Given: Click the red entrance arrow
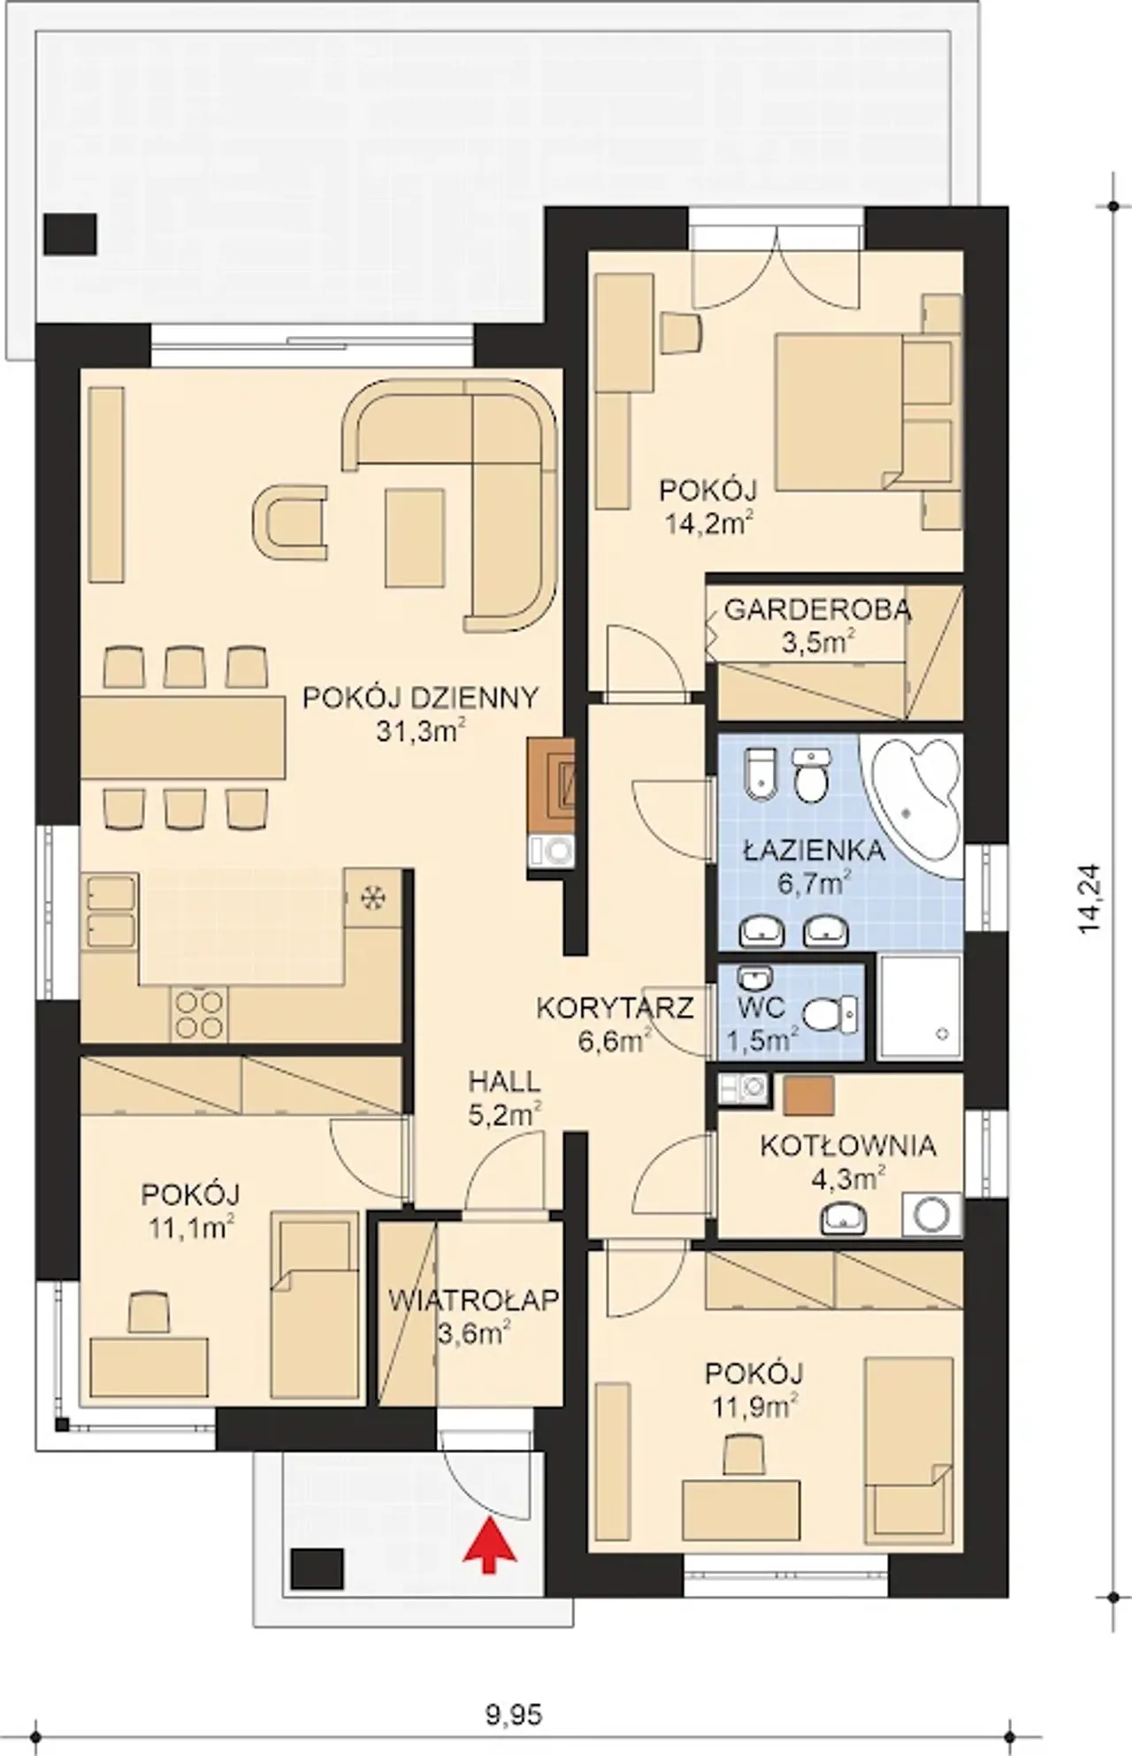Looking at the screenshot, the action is pyautogui.click(x=490, y=1546).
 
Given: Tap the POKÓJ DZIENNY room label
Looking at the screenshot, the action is pyautogui.click(x=420, y=698).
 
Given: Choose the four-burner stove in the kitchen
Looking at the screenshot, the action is pyautogui.click(x=198, y=1013).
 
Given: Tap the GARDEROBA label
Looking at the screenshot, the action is pyautogui.click(x=817, y=609).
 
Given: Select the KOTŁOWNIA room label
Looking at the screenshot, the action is pyautogui.click(x=848, y=1145).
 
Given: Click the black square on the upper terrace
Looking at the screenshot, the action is pyautogui.click(x=70, y=234).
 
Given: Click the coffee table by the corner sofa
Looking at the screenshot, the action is pyautogui.click(x=414, y=537).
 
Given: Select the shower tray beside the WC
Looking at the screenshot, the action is pyautogui.click(x=920, y=1007).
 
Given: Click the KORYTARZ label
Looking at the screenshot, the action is pyautogui.click(x=615, y=1008).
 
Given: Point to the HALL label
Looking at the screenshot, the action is pyautogui.click(x=504, y=1081).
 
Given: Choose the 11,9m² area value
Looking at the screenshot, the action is pyautogui.click(x=753, y=1403).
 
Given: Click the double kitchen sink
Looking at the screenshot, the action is pyautogui.click(x=110, y=912).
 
